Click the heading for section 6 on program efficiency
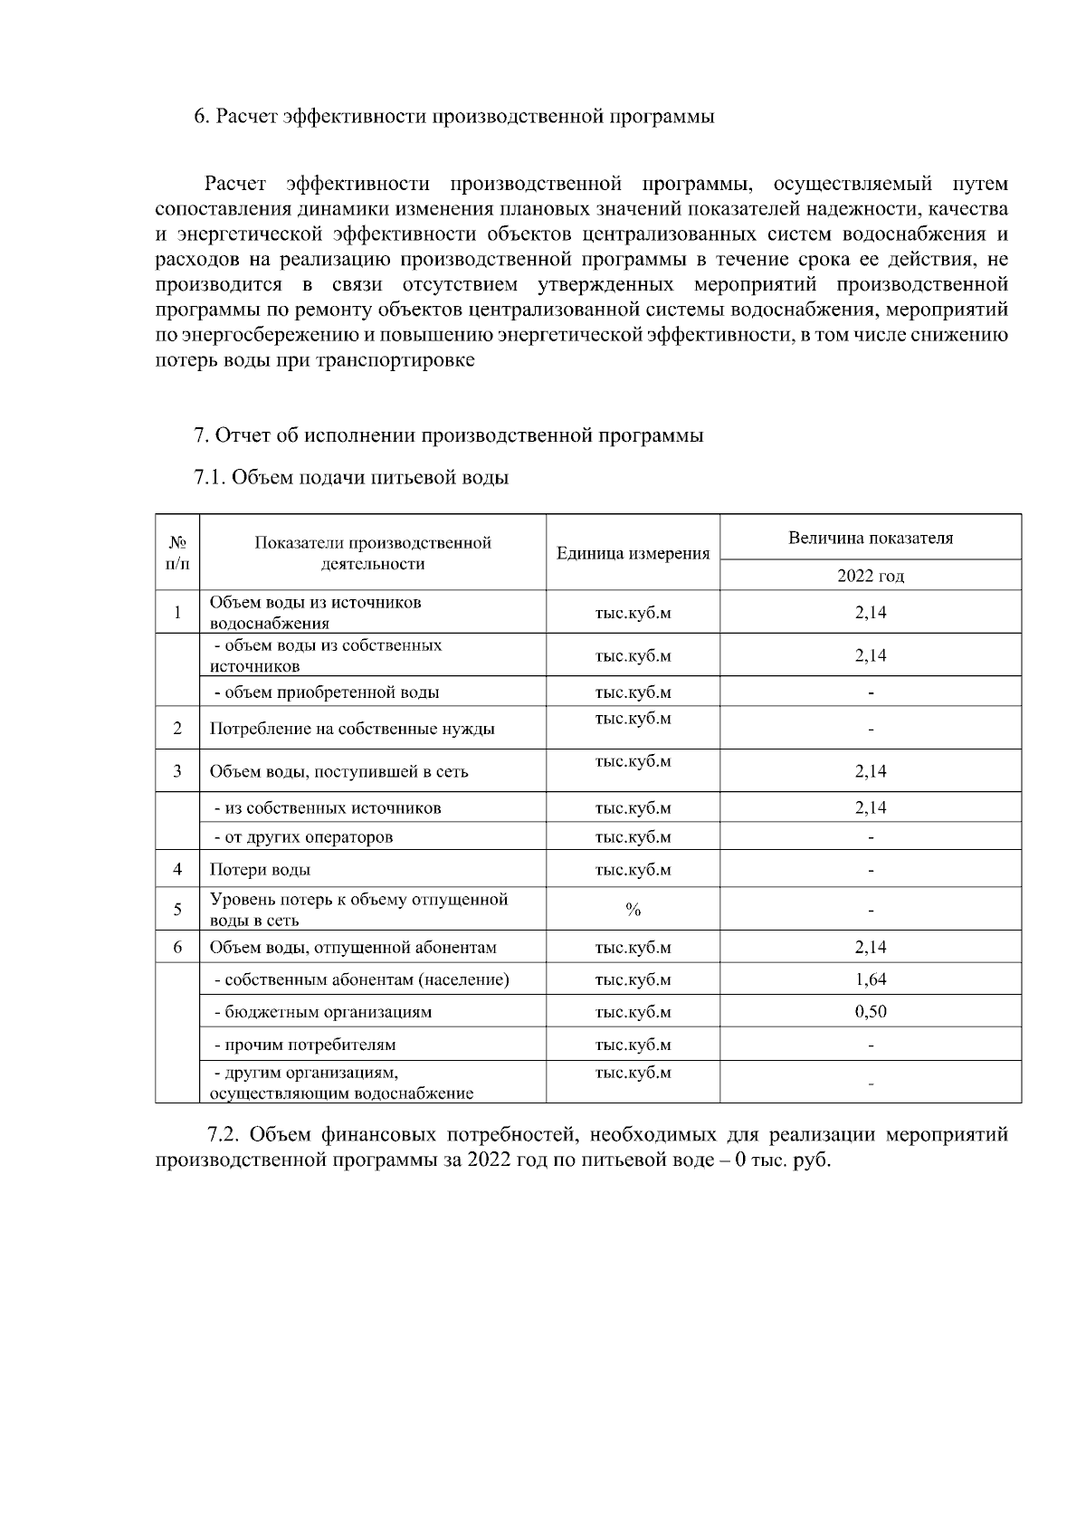[x=454, y=117]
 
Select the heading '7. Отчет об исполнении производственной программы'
[x=449, y=435]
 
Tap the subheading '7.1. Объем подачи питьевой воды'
[x=351, y=477]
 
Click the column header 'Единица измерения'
[x=633, y=553]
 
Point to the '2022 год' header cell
[x=870, y=576]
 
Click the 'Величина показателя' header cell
[x=870, y=538]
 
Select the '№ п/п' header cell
[x=177, y=553]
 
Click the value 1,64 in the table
[x=870, y=979]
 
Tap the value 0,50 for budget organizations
[x=870, y=1012]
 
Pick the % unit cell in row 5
[x=633, y=910]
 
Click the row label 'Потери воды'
[x=261, y=870]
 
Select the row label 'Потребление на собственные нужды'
[x=352, y=729]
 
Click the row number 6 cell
[x=177, y=948]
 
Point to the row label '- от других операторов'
[x=303, y=837]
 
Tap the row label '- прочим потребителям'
[x=305, y=1045]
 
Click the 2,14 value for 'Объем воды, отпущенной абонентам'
[x=870, y=948]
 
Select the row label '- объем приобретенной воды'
[x=326, y=692]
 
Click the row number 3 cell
[x=177, y=771]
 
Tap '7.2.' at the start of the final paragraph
[x=224, y=1135]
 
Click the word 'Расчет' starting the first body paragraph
[x=235, y=185]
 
